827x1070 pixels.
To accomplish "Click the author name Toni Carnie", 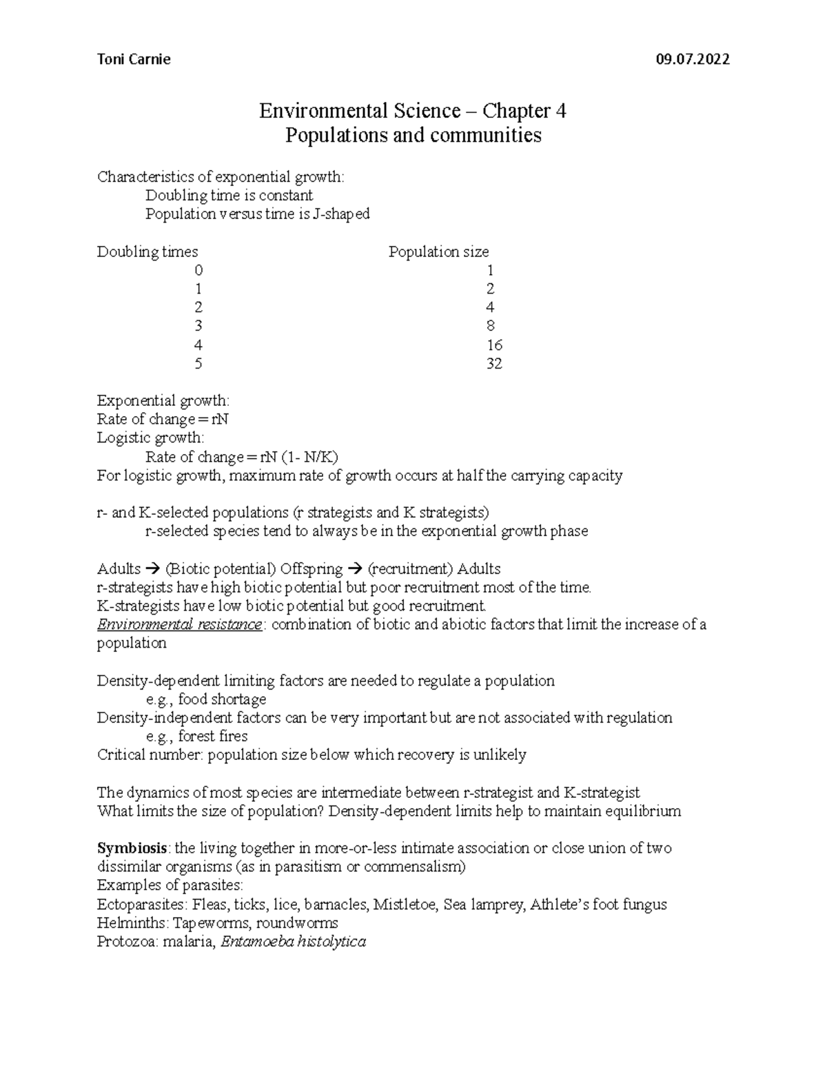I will coord(134,59).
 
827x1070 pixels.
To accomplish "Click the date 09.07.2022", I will coord(693,59).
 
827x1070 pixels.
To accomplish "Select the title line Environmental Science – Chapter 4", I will coord(412,111).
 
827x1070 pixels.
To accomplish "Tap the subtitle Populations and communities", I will coord(413,135).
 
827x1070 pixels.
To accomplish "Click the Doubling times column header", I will coord(147,252).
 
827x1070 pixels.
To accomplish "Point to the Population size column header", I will coord(438,252).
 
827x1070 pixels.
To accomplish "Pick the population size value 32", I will coord(493,364).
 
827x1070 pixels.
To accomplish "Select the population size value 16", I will coord(493,345).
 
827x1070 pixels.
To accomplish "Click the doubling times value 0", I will coord(198,271).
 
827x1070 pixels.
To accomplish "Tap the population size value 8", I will coord(490,327).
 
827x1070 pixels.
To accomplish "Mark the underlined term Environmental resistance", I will coord(179,625).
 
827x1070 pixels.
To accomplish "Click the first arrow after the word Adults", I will coord(153,570).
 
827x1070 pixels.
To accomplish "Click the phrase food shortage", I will coord(222,699).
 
